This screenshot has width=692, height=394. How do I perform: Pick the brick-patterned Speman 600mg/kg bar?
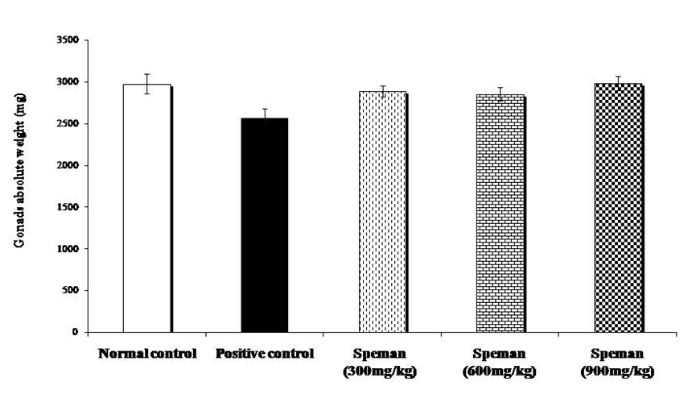pyautogui.click(x=500, y=214)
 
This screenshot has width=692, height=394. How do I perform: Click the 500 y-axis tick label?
pyautogui.click(x=70, y=291)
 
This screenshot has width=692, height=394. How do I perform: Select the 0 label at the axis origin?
pyautogui.click(x=76, y=332)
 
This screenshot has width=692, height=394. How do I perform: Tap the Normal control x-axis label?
pyautogui.click(x=146, y=354)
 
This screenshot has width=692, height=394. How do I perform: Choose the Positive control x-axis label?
pyautogui.click(x=265, y=354)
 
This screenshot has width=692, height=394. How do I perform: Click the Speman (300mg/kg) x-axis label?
pyautogui.click(x=382, y=362)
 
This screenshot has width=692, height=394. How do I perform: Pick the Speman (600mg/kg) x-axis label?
pyautogui.click(x=500, y=362)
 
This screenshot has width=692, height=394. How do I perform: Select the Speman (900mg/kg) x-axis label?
pyautogui.click(x=618, y=362)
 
